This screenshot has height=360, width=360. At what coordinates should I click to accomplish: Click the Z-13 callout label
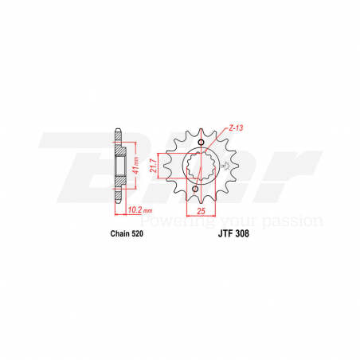233,127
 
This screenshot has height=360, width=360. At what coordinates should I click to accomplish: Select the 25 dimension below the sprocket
201,211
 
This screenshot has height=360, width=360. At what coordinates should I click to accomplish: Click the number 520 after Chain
137,235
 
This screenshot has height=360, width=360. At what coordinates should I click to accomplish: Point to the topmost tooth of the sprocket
201,119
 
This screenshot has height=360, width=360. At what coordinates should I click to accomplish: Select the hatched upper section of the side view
120,147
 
